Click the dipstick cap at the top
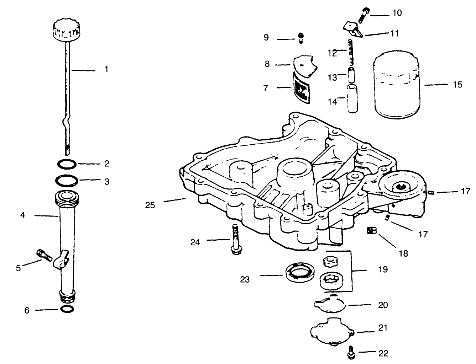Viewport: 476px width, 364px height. click(67, 30)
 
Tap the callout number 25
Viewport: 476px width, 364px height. click(150, 205)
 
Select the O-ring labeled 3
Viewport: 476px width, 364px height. click(67, 180)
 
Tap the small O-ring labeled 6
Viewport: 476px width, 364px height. click(68, 310)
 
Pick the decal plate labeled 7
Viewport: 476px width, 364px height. click(300, 88)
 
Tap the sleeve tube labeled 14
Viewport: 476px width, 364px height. click(351, 98)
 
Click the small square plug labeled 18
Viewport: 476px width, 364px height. click(371, 231)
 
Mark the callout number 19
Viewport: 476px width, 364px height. click(383, 269)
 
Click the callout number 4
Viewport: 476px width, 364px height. click(23, 215)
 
